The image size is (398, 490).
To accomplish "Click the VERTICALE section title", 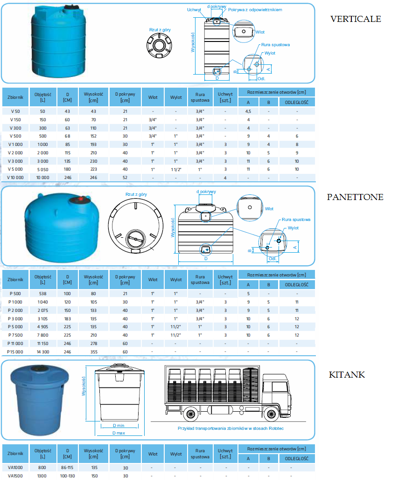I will pos(356,19).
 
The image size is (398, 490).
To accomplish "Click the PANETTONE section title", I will pos(355,197).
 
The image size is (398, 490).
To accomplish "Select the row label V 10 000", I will pos(16,178).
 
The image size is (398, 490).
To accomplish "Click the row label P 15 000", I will pos(16,352).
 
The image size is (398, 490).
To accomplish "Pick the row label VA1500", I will pos(16,476).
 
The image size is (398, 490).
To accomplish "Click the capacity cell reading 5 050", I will pos(42,169).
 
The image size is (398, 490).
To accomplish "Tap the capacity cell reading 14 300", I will pos(42,352).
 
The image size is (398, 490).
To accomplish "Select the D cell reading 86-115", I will pos(68,467).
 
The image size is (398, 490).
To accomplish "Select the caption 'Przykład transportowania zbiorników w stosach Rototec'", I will pos(230,428).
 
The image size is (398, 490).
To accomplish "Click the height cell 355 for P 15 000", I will pos(93,352).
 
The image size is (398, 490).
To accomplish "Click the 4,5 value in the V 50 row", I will pos(248,111).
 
